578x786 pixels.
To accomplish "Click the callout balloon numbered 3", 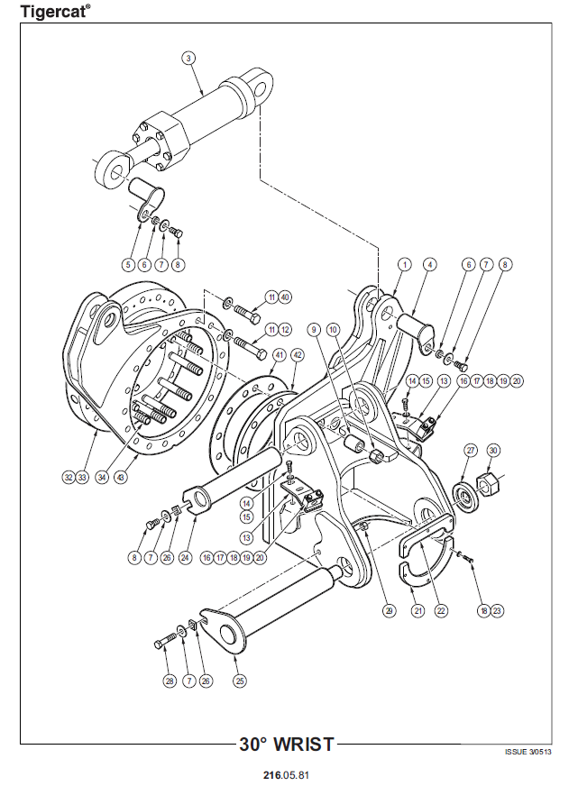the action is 188,59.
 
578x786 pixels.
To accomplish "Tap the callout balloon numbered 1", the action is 405,264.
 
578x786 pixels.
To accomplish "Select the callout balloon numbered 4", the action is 429,264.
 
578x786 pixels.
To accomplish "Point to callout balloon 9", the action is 314,329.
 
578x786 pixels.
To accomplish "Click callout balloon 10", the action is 333,329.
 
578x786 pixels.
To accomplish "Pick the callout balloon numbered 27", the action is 470,450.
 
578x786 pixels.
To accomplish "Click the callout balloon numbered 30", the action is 493,450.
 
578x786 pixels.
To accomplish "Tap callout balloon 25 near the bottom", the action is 240,681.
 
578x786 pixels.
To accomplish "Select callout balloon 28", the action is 170,681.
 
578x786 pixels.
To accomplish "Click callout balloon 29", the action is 389,610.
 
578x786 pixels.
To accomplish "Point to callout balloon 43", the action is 120,477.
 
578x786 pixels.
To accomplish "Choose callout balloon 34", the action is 102,477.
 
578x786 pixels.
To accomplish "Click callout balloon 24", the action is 186,557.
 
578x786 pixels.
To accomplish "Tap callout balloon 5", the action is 129,264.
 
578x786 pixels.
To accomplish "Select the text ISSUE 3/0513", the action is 528,752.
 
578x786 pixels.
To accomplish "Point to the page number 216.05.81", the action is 286,775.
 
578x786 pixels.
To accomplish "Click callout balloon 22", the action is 441,610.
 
